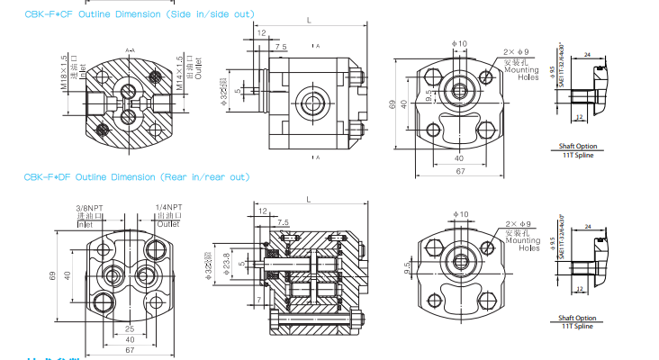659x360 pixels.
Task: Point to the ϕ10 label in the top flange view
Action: point(459,43)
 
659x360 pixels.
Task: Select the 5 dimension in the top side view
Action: point(238,91)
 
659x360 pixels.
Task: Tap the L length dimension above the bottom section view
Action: point(310,200)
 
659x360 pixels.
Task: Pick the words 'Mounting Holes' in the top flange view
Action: point(521,73)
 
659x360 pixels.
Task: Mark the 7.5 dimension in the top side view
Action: point(281,46)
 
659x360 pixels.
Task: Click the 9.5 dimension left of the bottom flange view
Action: point(408,268)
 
